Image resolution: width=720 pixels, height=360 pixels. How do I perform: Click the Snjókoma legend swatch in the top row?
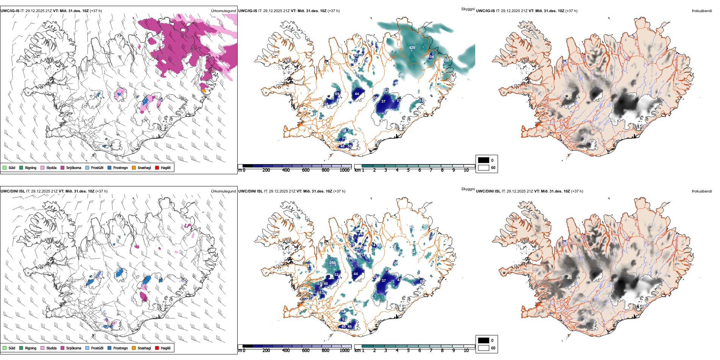[x=63, y=167]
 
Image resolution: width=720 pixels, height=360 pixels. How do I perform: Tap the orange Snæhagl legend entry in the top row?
[x=134, y=167]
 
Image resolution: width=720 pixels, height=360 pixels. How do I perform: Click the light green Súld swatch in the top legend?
[x=5, y=167]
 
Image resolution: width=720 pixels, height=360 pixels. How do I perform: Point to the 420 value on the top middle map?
[x=412, y=48]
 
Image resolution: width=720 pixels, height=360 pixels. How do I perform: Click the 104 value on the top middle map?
[x=430, y=57]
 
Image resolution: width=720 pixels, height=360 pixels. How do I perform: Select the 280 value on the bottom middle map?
[x=332, y=263]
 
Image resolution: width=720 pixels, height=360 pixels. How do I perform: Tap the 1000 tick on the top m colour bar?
[x=344, y=170]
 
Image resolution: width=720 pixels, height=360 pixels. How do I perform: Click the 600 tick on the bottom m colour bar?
[x=306, y=351]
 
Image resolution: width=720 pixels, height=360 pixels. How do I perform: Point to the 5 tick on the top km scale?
[x=408, y=170]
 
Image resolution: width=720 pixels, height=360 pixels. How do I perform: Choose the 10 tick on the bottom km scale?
[x=466, y=351]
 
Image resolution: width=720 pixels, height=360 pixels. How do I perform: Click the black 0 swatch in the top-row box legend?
[x=484, y=160]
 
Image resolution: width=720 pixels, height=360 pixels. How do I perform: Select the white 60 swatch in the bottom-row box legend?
[x=484, y=348]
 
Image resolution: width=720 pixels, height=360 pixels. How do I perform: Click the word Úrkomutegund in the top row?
[x=223, y=11]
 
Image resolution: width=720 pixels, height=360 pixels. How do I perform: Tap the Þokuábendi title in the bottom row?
[x=702, y=191]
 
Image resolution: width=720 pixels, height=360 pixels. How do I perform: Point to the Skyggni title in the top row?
[x=468, y=9]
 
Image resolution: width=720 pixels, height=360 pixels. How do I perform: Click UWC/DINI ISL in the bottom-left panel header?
[x=13, y=191]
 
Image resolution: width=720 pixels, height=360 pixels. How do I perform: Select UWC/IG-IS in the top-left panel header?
[x=10, y=11]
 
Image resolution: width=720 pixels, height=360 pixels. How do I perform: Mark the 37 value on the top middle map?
[x=383, y=102]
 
